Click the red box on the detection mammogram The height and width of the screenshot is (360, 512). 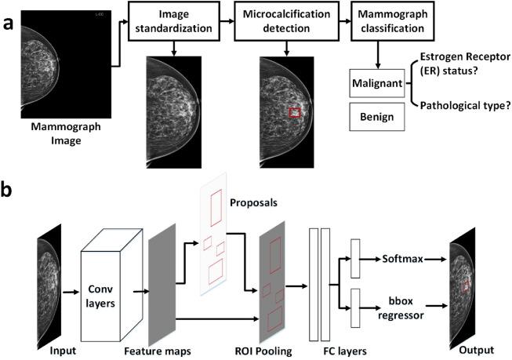[295, 114]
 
